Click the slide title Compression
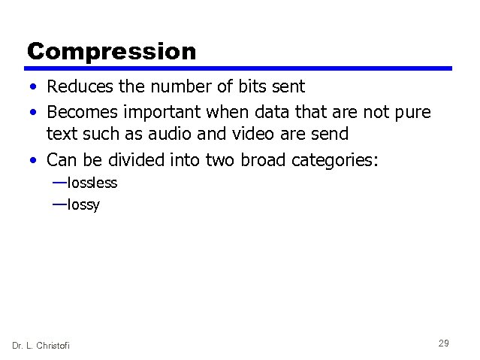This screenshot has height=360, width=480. (111, 51)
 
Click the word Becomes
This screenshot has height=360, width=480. (82, 112)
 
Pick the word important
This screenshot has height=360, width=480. (168, 112)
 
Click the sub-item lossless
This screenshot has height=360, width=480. (92, 183)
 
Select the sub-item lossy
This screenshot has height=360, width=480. (83, 204)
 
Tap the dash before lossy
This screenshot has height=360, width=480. (59, 204)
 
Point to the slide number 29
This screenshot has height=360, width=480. (443, 343)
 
